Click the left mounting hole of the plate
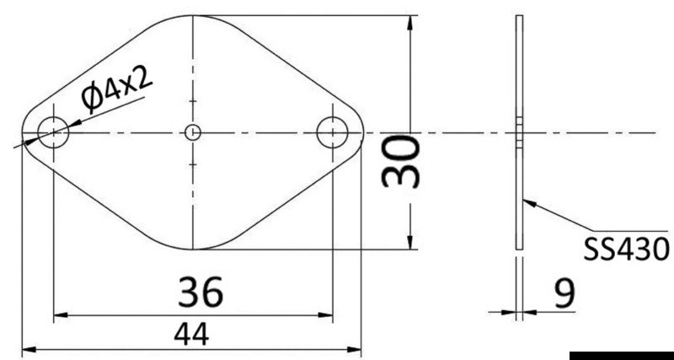[53, 132]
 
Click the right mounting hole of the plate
[333, 132]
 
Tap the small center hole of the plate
[193, 132]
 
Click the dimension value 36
[201, 292]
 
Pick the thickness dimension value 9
[564, 293]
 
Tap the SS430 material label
[627, 249]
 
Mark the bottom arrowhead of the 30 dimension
[410, 244]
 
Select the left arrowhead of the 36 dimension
[59, 316]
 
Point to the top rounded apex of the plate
[193, 16]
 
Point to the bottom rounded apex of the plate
[193, 250]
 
